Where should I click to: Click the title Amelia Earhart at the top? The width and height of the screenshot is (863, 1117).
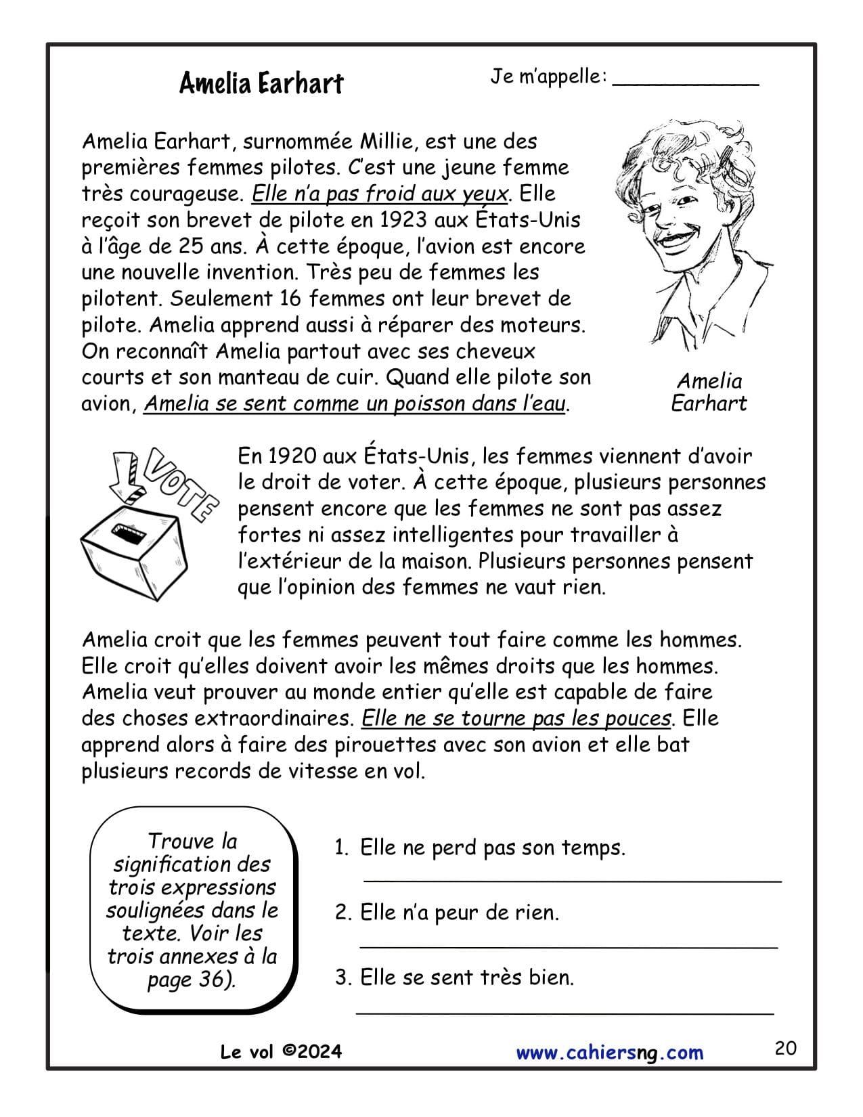pos(261,83)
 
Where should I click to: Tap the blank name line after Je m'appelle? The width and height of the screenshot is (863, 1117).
pos(685,83)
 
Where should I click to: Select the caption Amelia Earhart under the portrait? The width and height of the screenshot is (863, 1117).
pos(709,392)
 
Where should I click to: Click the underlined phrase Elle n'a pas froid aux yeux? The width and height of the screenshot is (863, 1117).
pos(379,194)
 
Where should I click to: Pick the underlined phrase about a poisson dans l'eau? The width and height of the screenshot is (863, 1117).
pos(354,404)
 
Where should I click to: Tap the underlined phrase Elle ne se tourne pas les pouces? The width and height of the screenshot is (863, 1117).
pos(516,718)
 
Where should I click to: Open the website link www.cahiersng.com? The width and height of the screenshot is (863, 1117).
pos(609,1053)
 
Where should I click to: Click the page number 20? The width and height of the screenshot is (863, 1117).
pos(785,1049)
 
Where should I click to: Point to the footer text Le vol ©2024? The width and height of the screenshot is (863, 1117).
pos(281,1051)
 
